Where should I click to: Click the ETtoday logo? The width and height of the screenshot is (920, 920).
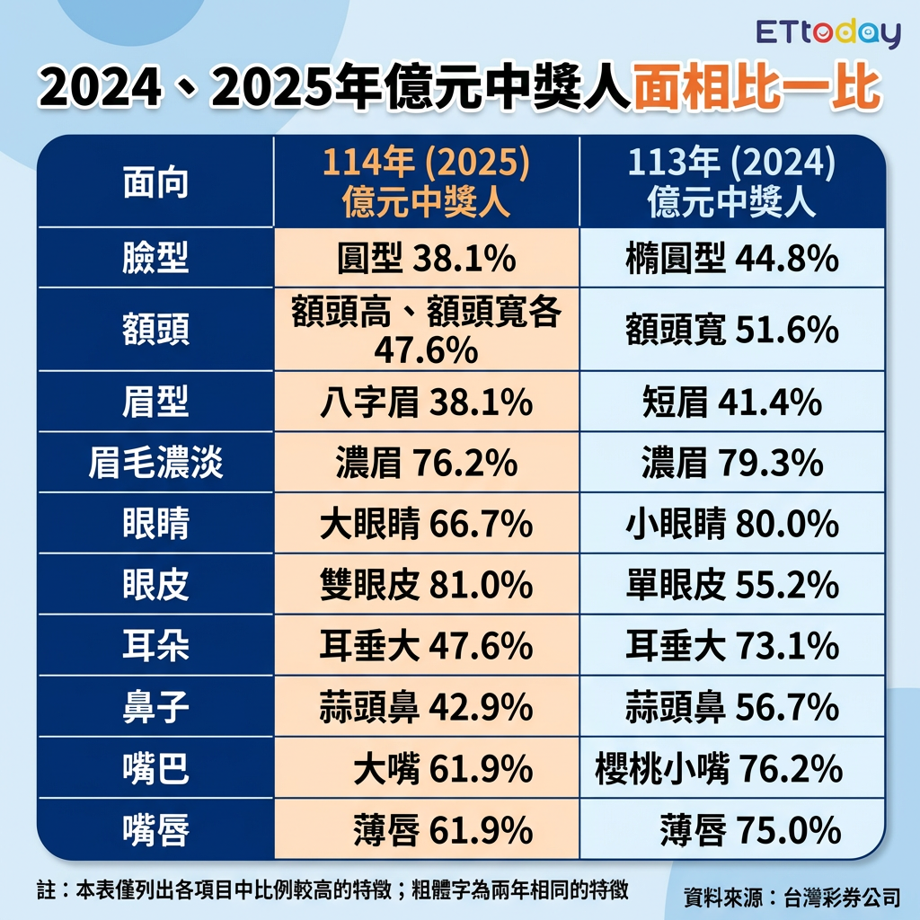coord(827,34)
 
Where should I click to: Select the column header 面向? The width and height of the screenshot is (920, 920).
coord(155,183)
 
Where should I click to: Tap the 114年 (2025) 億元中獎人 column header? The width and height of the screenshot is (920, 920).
coord(427,183)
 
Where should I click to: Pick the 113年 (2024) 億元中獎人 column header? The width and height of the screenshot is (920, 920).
coord(732,183)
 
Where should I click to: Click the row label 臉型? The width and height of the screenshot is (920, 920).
coord(155,260)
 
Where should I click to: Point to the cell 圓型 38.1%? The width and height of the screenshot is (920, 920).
coord(427,260)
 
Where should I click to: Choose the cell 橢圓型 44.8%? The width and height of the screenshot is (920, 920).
coord(732,260)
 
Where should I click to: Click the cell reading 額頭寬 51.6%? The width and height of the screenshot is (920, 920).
coord(732,331)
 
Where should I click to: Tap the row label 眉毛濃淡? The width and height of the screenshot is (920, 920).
coord(155,464)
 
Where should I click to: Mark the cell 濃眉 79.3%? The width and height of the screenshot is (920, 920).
coord(732,464)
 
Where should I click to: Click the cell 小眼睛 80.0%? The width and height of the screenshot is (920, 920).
coord(732,525)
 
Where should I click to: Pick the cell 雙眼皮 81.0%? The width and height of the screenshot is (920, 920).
coord(427,586)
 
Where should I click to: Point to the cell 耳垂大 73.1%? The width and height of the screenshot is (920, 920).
coord(732,646)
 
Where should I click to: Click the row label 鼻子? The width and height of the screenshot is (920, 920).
coord(155,708)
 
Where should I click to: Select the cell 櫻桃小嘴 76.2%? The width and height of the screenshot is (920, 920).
coord(719,769)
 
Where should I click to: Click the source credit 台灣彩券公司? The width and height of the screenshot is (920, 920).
coord(842,897)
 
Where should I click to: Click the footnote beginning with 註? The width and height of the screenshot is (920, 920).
coord(332,889)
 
